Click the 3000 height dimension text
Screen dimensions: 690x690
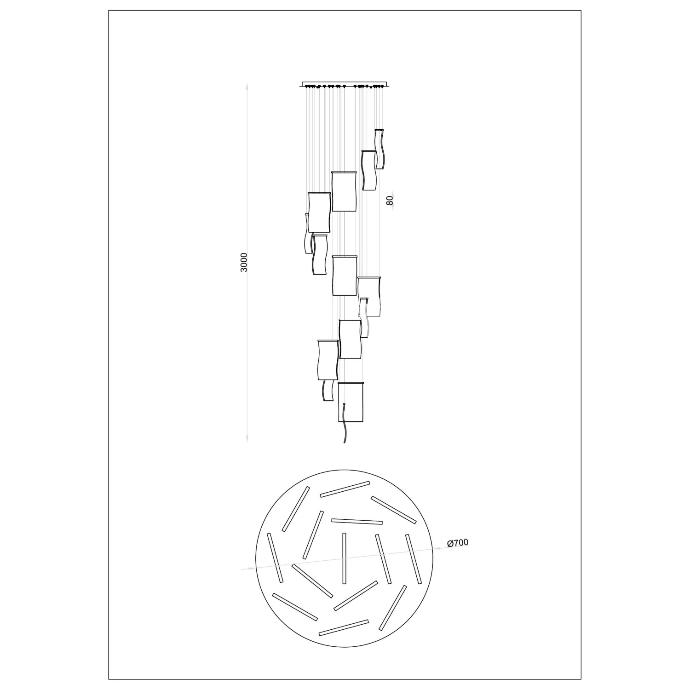244,262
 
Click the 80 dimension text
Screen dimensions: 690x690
390,201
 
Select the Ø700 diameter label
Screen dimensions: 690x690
458,543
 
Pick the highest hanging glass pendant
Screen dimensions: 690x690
379,149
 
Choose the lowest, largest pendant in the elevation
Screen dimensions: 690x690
351,402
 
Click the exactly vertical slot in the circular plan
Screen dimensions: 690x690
344,558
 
